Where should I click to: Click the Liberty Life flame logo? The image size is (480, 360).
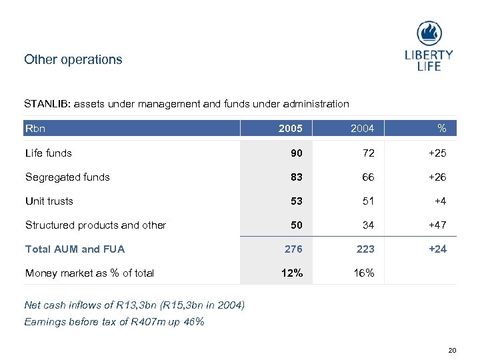tap(429, 33)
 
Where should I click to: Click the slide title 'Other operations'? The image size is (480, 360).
tap(73, 59)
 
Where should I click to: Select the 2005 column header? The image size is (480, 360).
tap(291, 129)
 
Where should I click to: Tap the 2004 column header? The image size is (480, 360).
tap(363, 129)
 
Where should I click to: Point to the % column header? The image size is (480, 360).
tap(441, 129)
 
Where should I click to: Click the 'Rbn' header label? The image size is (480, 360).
tap(35, 128)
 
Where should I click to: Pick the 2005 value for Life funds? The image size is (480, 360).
tap(295, 153)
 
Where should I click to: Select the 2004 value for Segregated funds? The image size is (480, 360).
tap(368, 177)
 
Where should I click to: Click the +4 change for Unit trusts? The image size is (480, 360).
tap(439, 201)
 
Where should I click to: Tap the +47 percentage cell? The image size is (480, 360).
tap(437, 225)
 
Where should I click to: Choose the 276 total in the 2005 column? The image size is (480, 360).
tap(293, 249)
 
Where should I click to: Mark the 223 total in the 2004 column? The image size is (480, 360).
tap(365, 249)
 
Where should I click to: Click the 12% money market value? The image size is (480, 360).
tap(292, 273)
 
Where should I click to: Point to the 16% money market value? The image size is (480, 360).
tap(364, 273)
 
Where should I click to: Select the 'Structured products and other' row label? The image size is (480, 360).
tap(95, 225)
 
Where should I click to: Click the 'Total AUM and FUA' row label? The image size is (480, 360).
tap(75, 249)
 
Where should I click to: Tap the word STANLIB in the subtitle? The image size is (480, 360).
tap(47, 104)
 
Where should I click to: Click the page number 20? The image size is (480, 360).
tap(452, 350)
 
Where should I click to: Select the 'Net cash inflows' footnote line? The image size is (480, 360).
tap(134, 305)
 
